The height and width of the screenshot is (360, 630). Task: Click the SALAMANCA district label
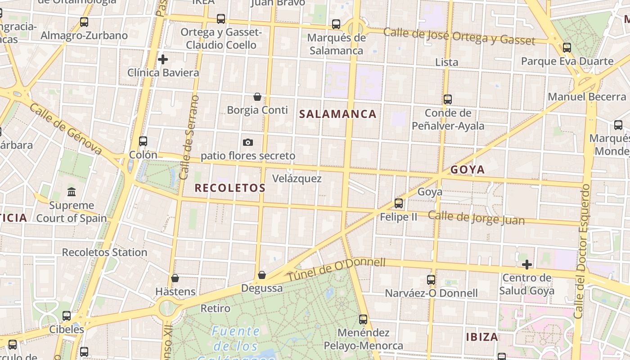click(337, 114)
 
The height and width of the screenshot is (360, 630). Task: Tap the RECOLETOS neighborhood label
click(229, 188)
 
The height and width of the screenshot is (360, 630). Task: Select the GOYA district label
click(468, 170)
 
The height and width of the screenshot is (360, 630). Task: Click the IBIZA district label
click(482, 337)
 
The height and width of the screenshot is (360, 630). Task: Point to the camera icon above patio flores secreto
click(248, 143)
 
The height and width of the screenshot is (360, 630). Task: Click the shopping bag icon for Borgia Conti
click(257, 97)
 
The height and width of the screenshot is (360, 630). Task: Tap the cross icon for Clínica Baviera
click(163, 59)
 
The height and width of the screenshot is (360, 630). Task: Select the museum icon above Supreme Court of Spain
click(72, 192)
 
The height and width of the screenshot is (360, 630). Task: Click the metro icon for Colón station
click(143, 141)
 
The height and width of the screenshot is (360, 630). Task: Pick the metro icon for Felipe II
click(399, 203)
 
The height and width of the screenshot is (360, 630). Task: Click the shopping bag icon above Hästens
click(175, 278)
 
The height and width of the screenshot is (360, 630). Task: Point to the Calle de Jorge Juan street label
click(476, 218)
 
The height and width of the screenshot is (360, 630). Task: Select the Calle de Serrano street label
click(189, 137)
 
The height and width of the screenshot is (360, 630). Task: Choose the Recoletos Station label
click(104, 252)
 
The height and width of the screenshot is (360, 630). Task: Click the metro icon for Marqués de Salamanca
click(336, 24)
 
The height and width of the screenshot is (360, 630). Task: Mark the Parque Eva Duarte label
click(567, 61)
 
